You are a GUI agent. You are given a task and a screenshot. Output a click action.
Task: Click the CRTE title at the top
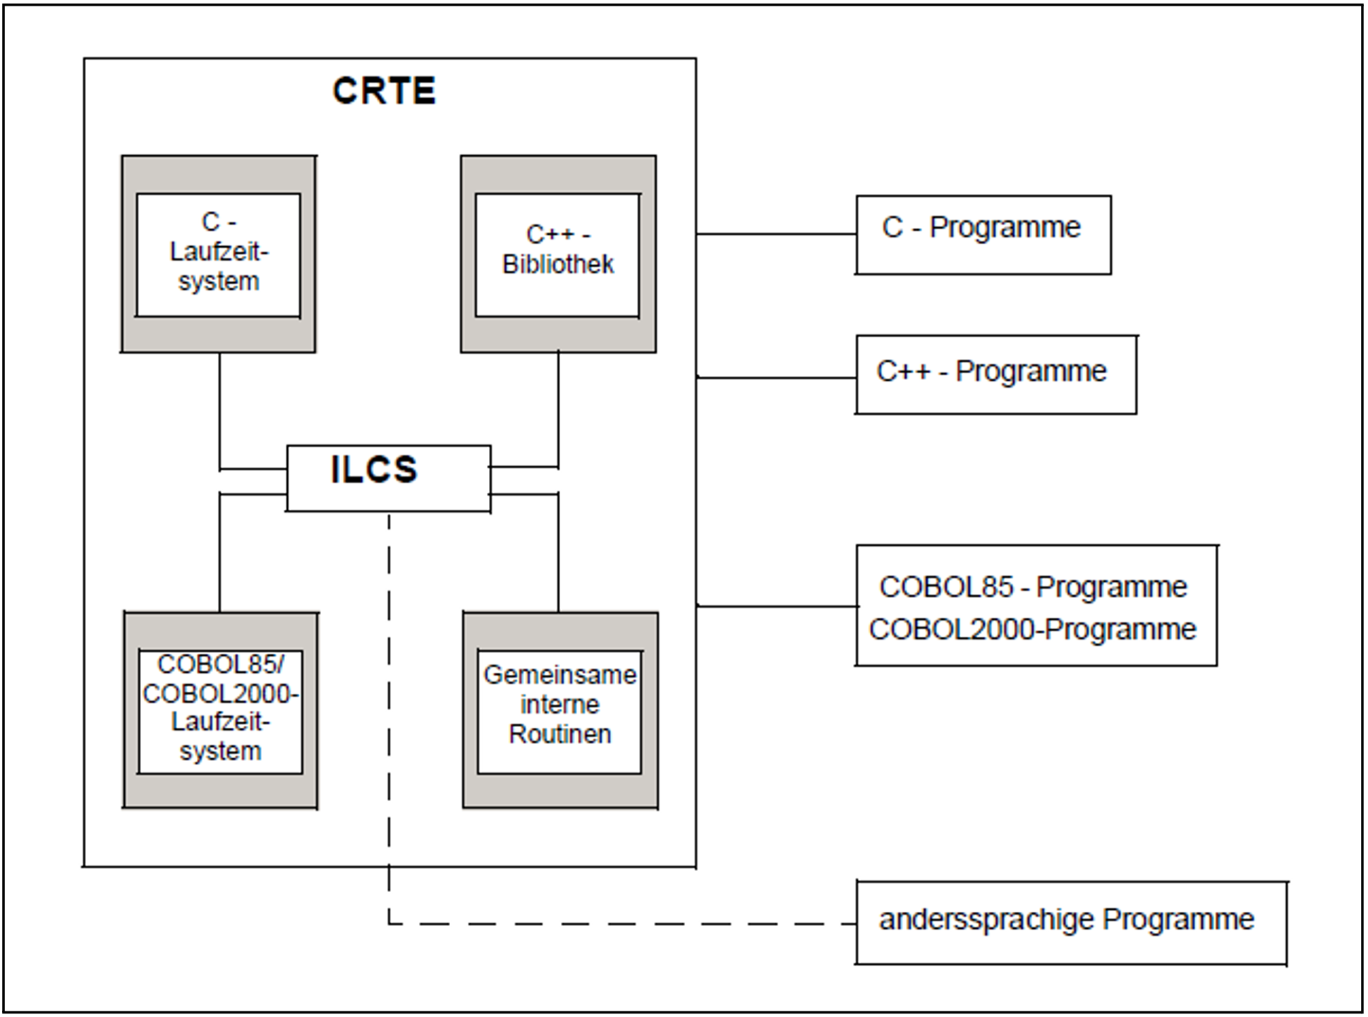[x=384, y=91]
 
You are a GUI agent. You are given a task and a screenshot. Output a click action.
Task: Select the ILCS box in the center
[x=388, y=477]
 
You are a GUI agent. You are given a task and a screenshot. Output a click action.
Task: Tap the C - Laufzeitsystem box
[x=218, y=254]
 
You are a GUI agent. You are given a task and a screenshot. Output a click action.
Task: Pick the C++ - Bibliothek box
[x=557, y=254]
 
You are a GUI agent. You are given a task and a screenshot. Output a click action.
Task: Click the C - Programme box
[x=983, y=235]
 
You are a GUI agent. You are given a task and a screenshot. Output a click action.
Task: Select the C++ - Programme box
[x=995, y=374]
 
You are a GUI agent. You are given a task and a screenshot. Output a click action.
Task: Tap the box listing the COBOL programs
[x=1036, y=605]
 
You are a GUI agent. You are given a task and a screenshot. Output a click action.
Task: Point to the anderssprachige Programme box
[x=1071, y=922]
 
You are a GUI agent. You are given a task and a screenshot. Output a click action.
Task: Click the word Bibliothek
[x=557, y=264]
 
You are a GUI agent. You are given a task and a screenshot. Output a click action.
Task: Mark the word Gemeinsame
[x=559, y=675]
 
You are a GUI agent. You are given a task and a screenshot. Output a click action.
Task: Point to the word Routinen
[x=559, y=734]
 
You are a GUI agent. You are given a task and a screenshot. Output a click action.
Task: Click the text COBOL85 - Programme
[x=1033, y=587]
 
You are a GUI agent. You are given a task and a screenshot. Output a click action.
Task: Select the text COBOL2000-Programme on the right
[x=1032, y=629]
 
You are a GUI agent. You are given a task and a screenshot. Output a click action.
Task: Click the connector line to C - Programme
[x=776, y=233]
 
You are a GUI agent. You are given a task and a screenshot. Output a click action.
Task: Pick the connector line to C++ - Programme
[x=776, y=378]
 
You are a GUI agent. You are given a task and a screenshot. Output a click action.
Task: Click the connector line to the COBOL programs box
[x=776, y=606]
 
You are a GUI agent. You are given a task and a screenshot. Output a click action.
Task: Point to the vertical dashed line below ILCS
[x=389, y=705]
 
